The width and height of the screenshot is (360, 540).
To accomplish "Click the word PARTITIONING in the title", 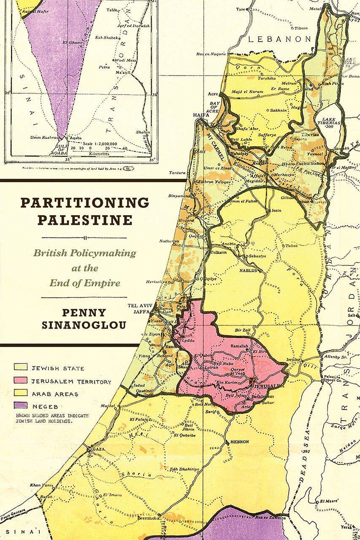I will tap(85, 203).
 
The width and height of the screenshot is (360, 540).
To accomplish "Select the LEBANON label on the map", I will tap(279, 39).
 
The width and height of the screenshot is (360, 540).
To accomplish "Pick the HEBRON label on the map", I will tap(240, 442).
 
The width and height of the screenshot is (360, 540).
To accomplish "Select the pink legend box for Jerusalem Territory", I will tap(21, 381).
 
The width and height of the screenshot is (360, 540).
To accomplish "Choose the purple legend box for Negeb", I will tap(21, 406).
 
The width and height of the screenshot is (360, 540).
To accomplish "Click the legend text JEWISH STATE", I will tap(58, 368).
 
